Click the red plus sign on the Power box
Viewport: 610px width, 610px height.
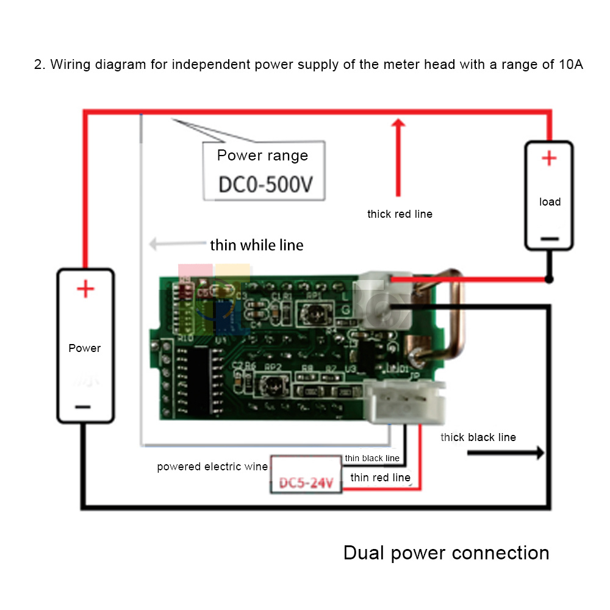85,289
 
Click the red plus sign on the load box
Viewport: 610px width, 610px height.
549,159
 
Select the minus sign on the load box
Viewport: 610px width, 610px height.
549,239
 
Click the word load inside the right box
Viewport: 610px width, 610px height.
550,202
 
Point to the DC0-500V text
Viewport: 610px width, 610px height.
265,184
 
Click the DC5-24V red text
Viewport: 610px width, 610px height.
306,484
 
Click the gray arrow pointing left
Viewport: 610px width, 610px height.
177,245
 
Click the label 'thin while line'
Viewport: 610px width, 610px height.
256,245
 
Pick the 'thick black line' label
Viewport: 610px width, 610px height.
478,437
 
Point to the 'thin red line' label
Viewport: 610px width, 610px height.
380,478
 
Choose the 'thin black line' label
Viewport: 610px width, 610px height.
372,458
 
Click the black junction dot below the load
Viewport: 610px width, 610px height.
549,279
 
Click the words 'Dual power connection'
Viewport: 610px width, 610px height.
446,553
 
